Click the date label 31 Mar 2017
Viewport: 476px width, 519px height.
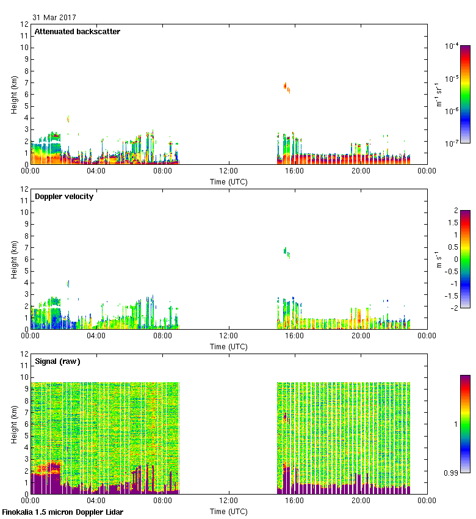pyautogui.click(x=54, y=18)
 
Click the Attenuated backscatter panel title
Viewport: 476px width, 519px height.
pyautogui.click(x=77, y=32)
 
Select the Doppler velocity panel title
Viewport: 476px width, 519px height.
pyautogui.click(x=63, y=197)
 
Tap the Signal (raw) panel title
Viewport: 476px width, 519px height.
pyautogui.click(x=57, y=361)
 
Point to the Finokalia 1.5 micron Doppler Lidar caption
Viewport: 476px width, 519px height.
pyautogui.click(x=62, y=512)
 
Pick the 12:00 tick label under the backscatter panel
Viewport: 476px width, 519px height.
pyautogui.click(x=228, y=172)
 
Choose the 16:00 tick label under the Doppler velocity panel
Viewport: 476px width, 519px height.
pyautogui.click(x=295, y=336)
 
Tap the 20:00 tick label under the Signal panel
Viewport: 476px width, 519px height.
pyautogui.click(x=361, y=501)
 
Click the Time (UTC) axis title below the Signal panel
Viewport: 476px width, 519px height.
pyautogui.click(x=228, y=510)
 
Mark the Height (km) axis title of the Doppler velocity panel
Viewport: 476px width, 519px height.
pyautogui.click(x=13, y=259)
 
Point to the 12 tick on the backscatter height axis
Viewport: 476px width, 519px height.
pyautogui.click(x=24, y=24)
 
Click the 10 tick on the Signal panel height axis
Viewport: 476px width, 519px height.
pyautogui.click(x=24, y=377)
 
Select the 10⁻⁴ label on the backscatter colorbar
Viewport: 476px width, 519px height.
pyautogui.click(x=452, y=46)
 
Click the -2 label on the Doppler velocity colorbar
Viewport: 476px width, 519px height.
pyautogui.click(x=455, y=308)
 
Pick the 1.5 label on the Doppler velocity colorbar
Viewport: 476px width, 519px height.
pyautogui.click(x=453, y=223)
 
